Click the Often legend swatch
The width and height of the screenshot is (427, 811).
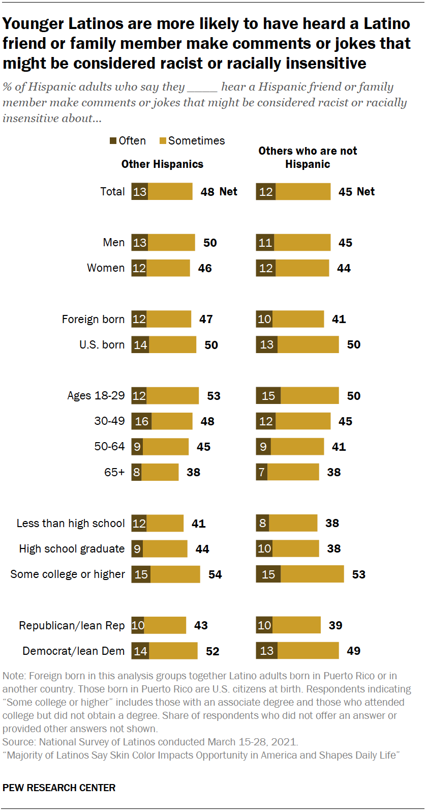coord(113,141)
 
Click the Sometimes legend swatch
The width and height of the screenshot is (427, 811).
coord(163,141)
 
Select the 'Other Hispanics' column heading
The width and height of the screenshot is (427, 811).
coord(162,164)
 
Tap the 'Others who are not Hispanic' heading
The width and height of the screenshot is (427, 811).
coord(308,158)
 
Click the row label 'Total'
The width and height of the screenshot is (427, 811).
coord(112,192)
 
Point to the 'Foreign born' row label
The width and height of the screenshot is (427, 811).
coord(93,320)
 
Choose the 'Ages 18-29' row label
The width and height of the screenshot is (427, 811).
coord(96,396)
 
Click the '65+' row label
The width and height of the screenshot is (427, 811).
coord(114,472)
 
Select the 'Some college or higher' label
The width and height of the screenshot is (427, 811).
coord(68,574)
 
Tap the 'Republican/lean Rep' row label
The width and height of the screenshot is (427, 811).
coord(72,626)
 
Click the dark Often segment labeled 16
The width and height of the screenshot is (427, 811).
coord(141,421)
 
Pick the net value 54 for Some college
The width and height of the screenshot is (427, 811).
coord(215,574)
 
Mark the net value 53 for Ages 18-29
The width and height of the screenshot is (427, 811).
coord(213,396)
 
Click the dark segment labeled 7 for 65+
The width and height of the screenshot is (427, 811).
coord(262,472)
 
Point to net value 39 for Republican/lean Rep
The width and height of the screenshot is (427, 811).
coord(335,625)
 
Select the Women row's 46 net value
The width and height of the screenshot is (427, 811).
coord(205,268)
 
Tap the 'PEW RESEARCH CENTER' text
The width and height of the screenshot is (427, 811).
coord(59,788)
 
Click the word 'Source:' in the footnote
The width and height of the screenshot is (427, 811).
coord(19,742)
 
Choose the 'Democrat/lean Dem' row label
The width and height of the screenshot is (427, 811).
coord(73,651)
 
